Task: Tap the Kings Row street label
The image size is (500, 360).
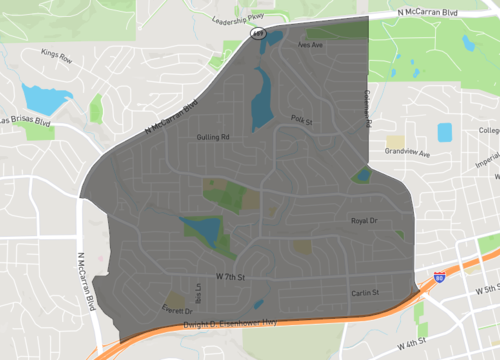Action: (x=58, y=58)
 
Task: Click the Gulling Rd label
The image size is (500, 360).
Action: (x=214, y=136)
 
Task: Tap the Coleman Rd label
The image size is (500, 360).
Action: (x=367, y=108)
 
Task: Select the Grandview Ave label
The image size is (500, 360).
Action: (x=408, y=155)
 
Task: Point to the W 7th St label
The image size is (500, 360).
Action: (x=228, y=273)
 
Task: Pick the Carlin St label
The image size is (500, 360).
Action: (x=365, y=292)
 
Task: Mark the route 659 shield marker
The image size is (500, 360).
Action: (x=257, y=33)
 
